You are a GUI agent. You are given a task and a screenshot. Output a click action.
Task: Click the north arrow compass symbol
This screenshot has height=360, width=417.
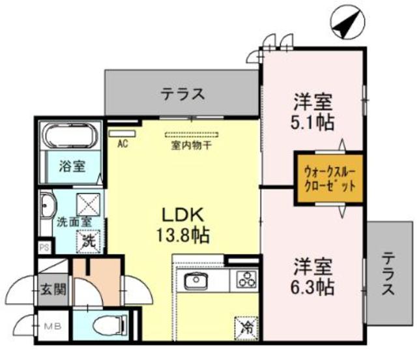[x=347, y=22]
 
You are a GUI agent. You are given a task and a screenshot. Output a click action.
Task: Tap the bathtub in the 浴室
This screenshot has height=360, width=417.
[x=70, y=135]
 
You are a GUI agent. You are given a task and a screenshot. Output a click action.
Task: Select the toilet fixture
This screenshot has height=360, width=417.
[x=110, y=325]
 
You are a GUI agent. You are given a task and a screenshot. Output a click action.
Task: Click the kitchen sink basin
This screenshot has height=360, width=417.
[x=197, y=280]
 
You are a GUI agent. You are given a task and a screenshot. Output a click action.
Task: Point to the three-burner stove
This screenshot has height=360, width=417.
[x=247, y=279]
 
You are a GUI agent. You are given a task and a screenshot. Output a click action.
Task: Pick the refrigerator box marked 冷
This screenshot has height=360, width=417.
[x=246, y=328]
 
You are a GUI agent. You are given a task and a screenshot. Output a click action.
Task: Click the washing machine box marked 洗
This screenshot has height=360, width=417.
[x=88, y=242]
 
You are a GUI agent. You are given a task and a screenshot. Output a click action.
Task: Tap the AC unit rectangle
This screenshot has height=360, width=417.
[x=122, y=134]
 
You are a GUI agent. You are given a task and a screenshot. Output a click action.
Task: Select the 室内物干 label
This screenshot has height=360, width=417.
[x=191, y=145]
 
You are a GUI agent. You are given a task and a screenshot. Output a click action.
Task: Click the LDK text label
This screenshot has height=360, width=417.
[x=183, y=215]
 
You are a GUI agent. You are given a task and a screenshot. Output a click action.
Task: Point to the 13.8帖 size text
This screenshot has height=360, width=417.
[x=183, y=235]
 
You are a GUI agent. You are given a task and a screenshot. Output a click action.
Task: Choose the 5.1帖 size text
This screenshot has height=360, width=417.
[x=313, y=122]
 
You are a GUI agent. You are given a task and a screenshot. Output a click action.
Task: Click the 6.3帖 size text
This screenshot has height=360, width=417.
[x=313, y=287]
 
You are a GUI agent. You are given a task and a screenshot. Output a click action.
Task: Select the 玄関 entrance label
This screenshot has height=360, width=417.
[x=53, y=289]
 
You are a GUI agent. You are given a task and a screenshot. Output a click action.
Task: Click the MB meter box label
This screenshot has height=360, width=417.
[x=52, y=326]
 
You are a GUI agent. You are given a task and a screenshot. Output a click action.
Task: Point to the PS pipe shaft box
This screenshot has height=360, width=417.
[x=45, y=248]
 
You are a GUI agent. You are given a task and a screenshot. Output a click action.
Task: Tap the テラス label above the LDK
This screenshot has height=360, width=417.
[x=183, y=94]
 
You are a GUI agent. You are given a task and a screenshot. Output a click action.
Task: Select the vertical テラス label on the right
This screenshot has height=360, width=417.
[x=388, y=273]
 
